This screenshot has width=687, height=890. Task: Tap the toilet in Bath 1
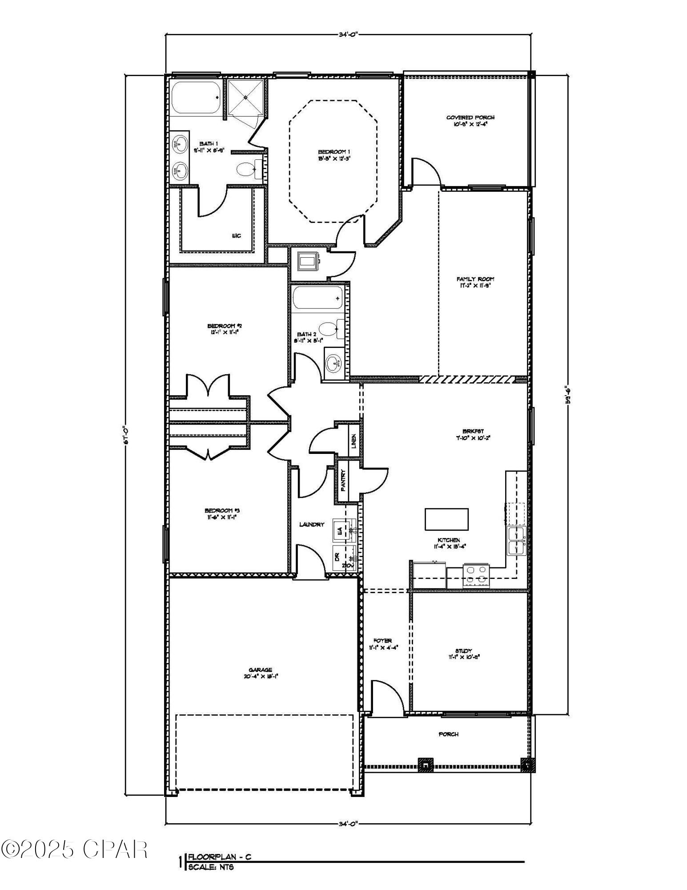tap(246, 169)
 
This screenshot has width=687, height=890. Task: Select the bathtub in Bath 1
tap(195, 97)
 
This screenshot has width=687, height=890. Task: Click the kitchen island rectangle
tap(446, 519)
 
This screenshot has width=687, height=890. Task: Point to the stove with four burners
tap(476, 575)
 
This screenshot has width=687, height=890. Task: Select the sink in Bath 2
tap(333, 364)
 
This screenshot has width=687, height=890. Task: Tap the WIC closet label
tap(236, 236)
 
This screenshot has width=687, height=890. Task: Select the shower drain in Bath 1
tap(245, 97)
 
